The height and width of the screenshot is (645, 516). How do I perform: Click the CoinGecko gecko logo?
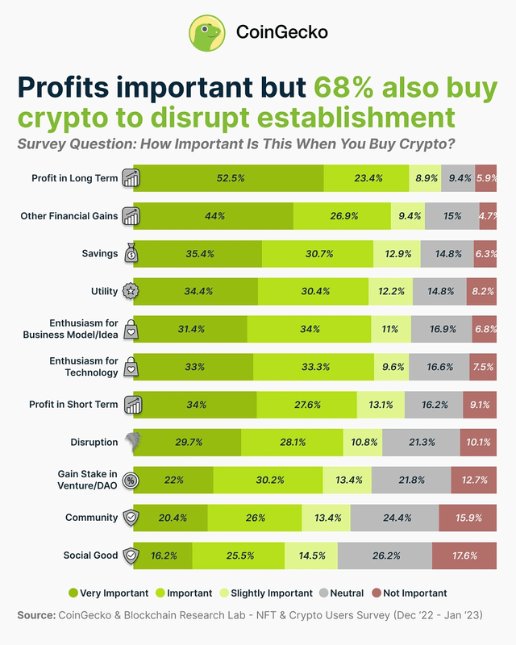tap(207, 32)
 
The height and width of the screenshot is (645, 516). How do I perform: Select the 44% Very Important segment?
tap(213, 216)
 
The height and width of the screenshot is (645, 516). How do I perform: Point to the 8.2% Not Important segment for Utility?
tap(481, 291)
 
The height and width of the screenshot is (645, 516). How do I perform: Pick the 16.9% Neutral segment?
tap(441, 329)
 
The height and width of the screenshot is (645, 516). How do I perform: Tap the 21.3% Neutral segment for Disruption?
tap(421, 442)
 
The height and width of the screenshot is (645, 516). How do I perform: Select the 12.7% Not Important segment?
tap(473, 480)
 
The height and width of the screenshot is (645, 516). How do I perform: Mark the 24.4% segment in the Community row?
tap(394, 518)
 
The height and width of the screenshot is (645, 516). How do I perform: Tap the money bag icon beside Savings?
tap(131, 254)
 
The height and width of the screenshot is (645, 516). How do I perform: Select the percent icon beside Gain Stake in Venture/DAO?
tap(131, 480)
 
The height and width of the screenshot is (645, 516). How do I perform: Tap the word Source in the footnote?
tap(35, 615)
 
